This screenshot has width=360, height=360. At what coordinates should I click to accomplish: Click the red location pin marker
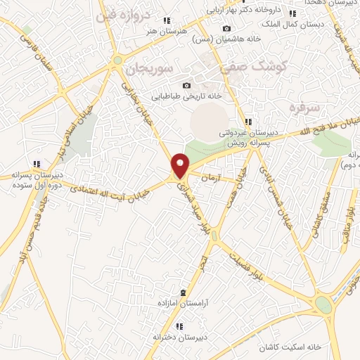(x=181, y=165)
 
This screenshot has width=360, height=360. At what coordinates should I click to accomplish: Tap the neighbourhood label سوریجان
(x=148, y=70)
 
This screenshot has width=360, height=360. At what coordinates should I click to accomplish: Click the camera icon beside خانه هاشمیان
(x=226, y=29)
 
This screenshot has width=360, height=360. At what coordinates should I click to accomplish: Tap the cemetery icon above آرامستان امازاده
(x=183, y=292)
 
